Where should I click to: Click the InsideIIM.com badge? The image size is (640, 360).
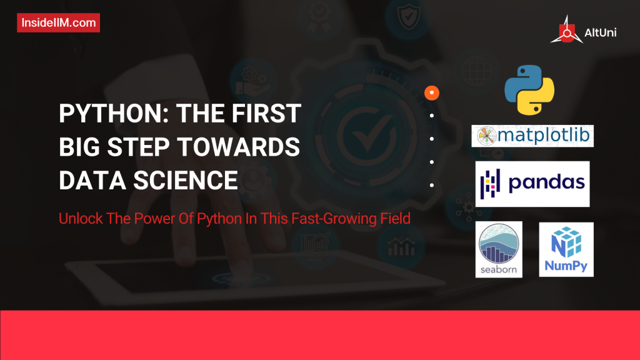[58, 23]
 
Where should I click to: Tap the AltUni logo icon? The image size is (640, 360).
[566, 30]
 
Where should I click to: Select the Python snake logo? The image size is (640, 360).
[530, 89]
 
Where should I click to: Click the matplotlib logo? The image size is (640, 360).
[532, 136]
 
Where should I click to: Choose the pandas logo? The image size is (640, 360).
[532, 184]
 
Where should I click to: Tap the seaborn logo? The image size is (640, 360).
[499, 249]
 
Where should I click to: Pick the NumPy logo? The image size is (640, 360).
[566, 249]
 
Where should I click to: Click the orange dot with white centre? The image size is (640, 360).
[432, 93]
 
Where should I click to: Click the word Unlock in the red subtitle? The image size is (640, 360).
[78, 219]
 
